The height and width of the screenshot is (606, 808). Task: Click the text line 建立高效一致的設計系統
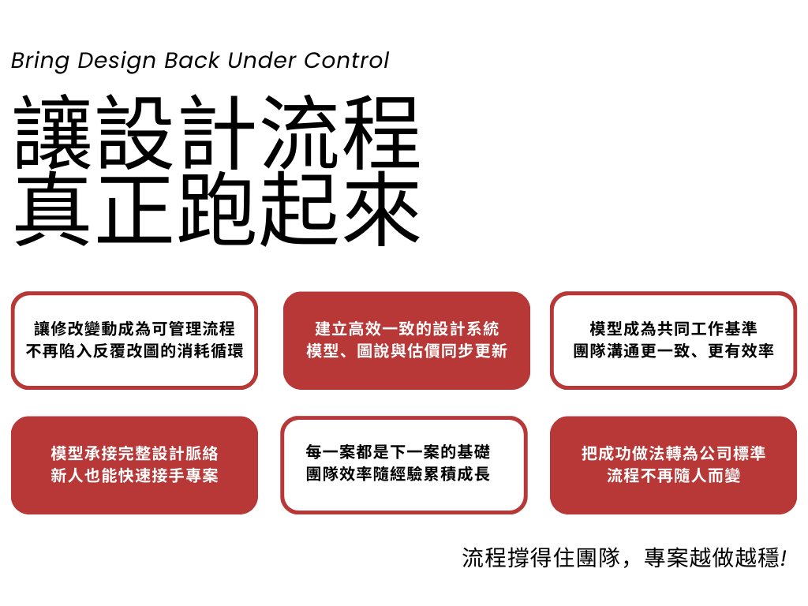click(x=406, y=329)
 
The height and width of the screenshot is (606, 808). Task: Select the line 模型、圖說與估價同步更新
click(x=406, y=351)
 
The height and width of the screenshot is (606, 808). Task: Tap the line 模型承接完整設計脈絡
click(x=134, y=454)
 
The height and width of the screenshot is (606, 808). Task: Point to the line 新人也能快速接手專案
click(x=134, y=476)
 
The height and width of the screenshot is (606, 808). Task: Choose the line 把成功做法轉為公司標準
click(x=673, y=454)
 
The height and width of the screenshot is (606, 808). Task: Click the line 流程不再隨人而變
click(x=673, y=476)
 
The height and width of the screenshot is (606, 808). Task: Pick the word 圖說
click(x=373, y=351)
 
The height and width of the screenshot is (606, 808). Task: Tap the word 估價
click(x=424, y=351)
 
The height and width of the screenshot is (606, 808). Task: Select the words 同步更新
click(x=474, y=351)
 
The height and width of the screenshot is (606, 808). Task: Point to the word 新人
click(x=68, y=476)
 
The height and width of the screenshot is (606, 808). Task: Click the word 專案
click(x=201, y=476)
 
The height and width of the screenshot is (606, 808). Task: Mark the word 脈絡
click(x=201, y=454)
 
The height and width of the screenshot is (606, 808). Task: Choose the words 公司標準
click(x=731, y=454)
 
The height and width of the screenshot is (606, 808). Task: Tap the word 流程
click(x=623, y=476)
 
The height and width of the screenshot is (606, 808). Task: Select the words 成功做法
click(x=631, y=454)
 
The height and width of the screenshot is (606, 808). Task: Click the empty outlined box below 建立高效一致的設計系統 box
click(x=403, y=465)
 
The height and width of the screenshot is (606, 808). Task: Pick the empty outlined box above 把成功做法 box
click(x=673, y=340)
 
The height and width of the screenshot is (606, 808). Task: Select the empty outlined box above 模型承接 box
click(x=134, y=340)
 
